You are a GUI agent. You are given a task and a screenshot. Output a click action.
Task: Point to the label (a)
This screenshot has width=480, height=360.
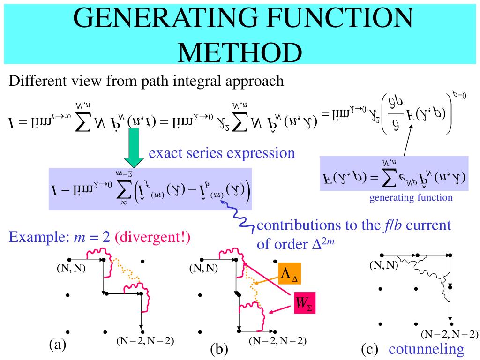tap(57, 345)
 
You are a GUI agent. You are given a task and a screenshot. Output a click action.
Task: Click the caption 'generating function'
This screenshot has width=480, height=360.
tap(411, 197)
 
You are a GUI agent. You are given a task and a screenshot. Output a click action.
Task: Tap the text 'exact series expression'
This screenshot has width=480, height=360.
tap(222, 153)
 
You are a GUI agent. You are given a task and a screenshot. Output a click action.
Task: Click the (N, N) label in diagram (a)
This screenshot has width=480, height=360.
tap(71, 269)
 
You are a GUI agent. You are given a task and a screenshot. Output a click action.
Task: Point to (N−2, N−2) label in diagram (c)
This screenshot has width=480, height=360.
tap(450, 334)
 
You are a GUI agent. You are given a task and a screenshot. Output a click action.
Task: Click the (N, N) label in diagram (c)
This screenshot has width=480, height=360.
tap(383, 265)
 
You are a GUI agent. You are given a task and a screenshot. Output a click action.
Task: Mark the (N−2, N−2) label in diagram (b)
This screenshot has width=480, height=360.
tap(278, 341)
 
